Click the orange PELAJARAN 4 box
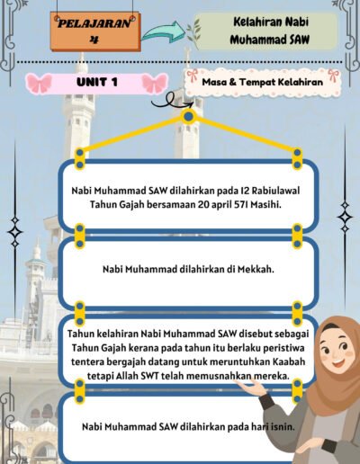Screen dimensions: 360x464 (93, 31)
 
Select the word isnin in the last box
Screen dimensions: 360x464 (276, 426)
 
